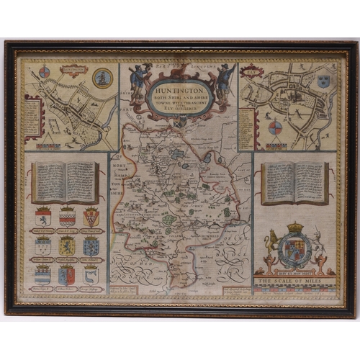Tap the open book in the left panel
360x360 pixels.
tap(65, 181)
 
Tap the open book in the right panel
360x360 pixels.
tap(295, 181)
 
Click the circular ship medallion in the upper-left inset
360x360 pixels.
tap(103, 78)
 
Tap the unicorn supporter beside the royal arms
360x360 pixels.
tap(318, 247)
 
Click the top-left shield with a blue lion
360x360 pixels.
tap(42, 217)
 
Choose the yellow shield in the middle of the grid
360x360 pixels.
tap(67, 246)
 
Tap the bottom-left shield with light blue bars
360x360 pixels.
tap(42, 274)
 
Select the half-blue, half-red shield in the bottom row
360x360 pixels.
tap(67, 274)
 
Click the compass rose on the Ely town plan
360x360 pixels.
tap(274, 128)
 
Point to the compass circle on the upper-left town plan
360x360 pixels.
tap(44, 72)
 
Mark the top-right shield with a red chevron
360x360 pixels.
tap(91, 217)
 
